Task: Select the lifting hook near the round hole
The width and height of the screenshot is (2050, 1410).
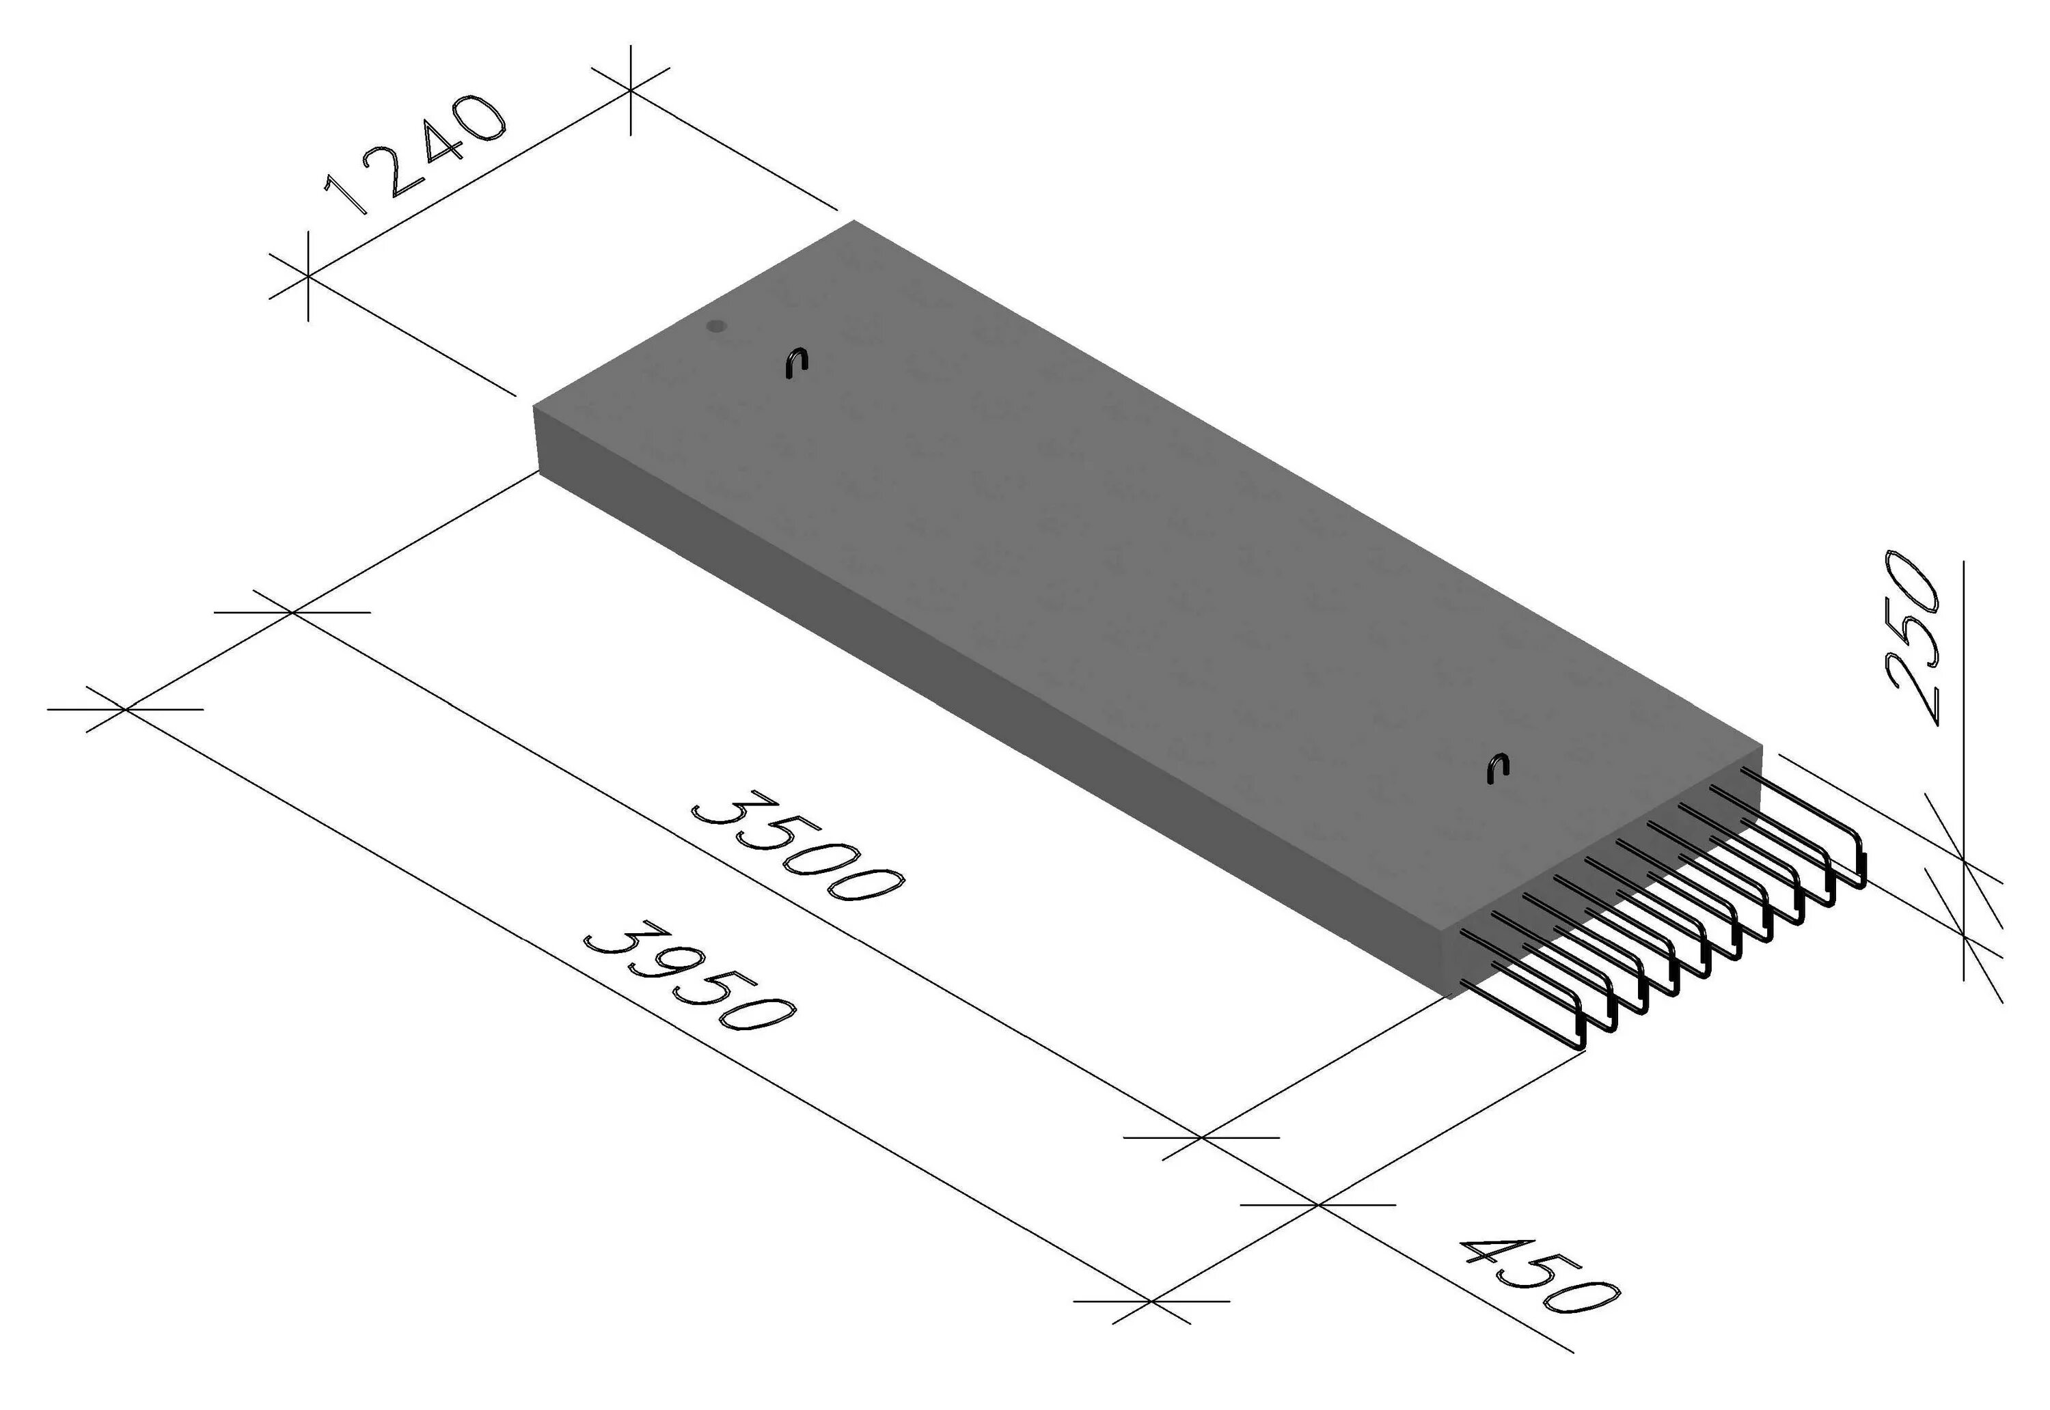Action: tap(797, 362)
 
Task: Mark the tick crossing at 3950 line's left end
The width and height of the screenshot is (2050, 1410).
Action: tap(126, 708)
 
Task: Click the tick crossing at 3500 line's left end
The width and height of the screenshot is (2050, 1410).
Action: tap(292, 612)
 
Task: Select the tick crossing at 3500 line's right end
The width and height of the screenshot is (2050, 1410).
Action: tap(1202, 1138)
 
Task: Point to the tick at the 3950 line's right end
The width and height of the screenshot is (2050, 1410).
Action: tap(1152, 1301)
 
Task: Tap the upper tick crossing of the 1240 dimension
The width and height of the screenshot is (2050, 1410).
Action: tap(630, 89)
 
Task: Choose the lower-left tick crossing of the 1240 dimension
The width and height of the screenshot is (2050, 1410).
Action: tap(307, 277)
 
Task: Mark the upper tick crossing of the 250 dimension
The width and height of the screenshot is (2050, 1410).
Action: tap(1963, 857)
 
